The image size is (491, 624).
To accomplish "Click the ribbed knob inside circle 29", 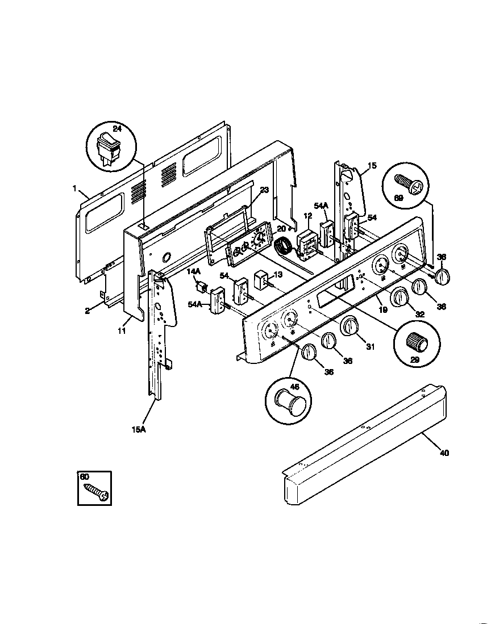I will click(x=417, y=342).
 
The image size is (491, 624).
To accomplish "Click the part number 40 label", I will click(x=444, y=453).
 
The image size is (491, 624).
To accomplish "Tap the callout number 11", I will click(x=122, y=330).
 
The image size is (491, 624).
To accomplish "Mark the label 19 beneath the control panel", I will click(x=382, y=309).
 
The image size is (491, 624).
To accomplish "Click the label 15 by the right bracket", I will click(x=372, y=166).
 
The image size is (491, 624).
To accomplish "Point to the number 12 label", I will click(x=307, y=216).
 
